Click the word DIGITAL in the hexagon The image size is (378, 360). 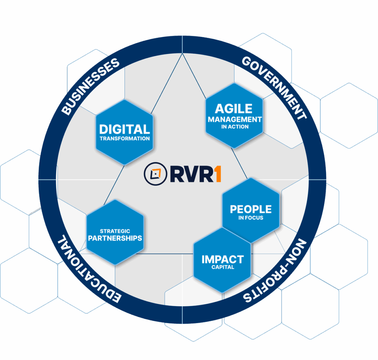[125, 129]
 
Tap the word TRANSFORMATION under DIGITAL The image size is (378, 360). [125, 139]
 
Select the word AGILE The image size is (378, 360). [234, 109]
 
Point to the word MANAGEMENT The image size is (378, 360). [235, 119]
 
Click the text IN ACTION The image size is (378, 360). [235, 127]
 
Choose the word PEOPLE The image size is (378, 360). [251, 209]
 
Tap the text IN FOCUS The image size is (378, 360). [251, 218]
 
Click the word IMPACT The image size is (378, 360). [223, 259]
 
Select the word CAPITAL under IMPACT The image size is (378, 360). [223, 267]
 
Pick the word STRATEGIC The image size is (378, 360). [115, 231]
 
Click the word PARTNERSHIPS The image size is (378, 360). [115, 238]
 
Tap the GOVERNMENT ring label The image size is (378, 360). [274, 88]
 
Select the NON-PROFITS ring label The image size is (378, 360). [275, 271]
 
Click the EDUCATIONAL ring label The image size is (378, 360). [89, 269]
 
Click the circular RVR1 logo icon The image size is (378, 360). [155, 174]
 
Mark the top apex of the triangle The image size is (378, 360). [182, 53]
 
